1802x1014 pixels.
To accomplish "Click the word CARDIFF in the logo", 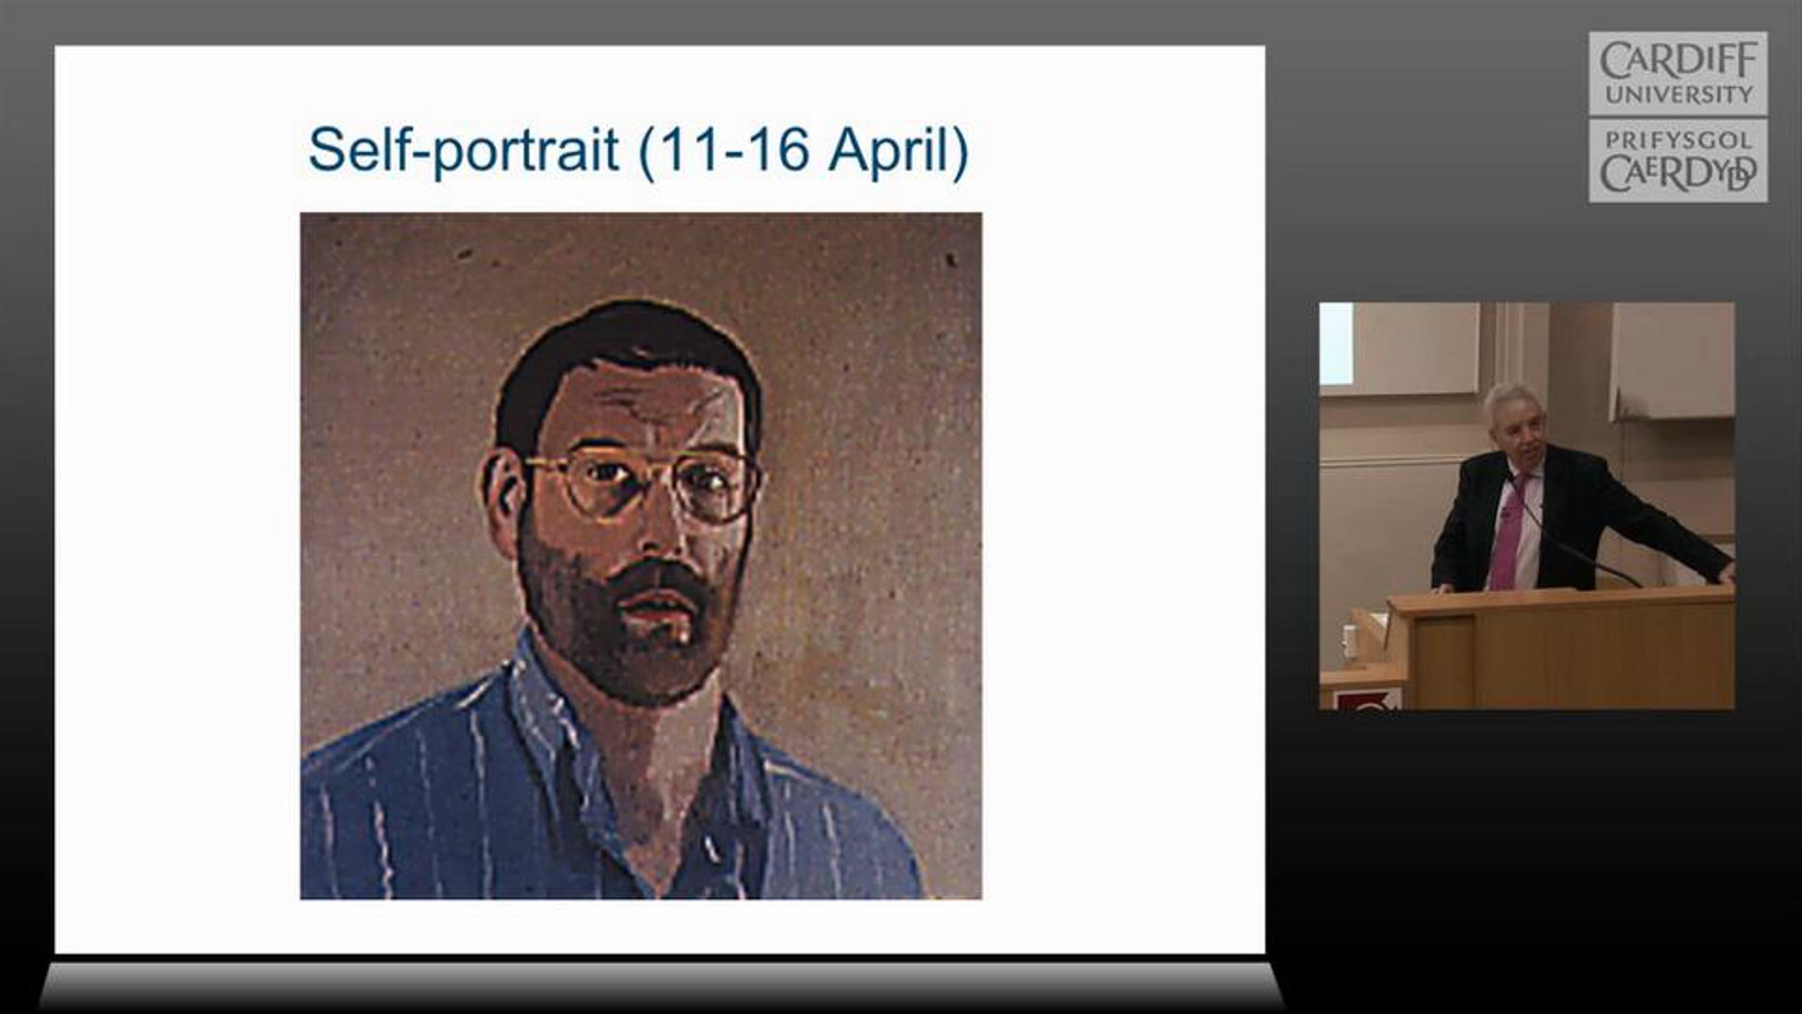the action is [1678, 60].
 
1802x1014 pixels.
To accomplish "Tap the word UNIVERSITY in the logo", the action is [1678, 95].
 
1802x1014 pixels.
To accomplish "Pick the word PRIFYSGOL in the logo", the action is [1678, 140].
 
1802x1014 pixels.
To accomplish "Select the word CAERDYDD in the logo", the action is [1678, 173].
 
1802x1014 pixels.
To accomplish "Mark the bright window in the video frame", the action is [1336, 343].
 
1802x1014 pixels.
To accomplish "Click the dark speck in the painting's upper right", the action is [951, 260].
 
